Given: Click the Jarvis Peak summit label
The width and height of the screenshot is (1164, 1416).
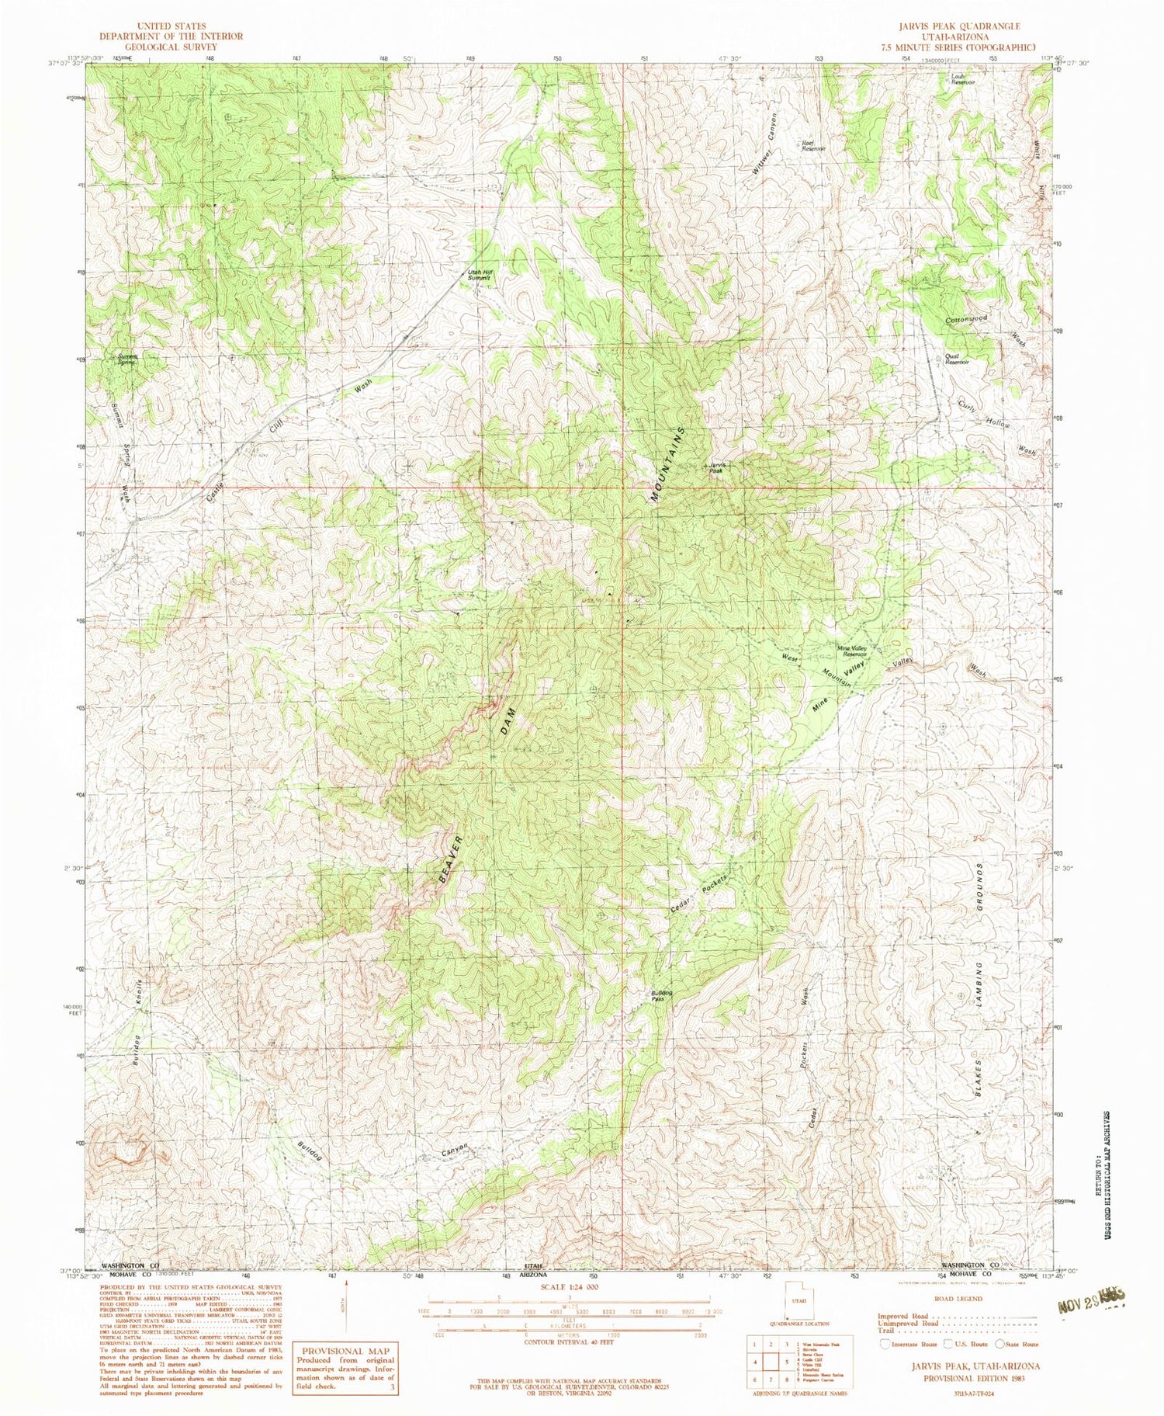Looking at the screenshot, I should [715, 468].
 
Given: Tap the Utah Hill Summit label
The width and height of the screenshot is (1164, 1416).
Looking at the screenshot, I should [480, 275].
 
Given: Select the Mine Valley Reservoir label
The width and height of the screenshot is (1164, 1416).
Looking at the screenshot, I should [851, 651].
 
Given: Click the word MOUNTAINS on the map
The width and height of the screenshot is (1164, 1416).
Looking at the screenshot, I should [668, 465].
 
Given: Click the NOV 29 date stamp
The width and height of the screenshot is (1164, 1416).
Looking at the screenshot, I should [1090, 1302].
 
